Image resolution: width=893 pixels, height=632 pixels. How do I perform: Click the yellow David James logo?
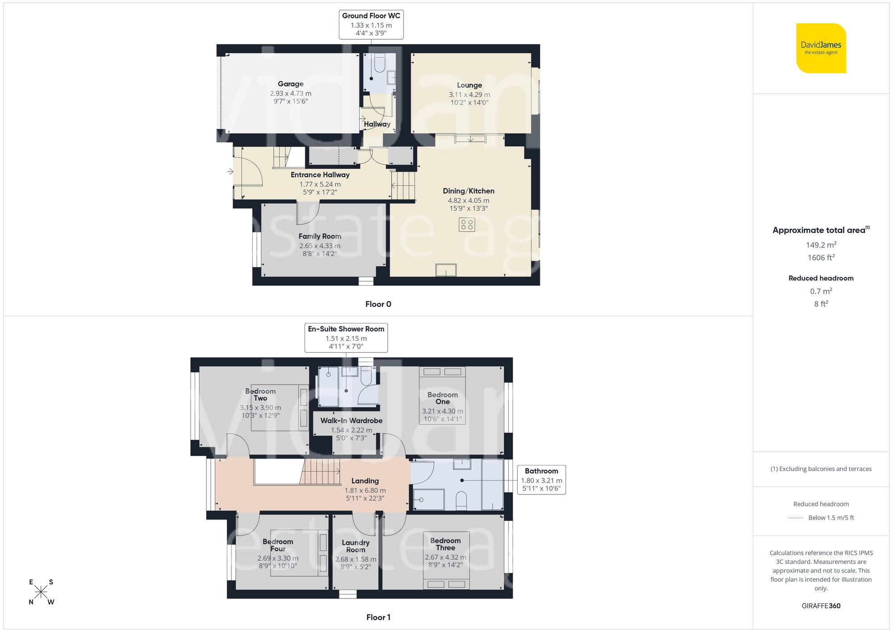tap(821, 48)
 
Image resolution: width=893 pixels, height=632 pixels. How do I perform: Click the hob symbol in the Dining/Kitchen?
tap(467, 224)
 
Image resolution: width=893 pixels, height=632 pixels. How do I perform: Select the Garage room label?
tap(290, 84)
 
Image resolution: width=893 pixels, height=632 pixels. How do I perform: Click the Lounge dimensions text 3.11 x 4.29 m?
tap(469, 95)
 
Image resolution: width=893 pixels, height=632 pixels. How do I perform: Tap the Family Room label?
tap(320, 236)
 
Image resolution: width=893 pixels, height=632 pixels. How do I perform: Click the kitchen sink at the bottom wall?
tap(446, 270)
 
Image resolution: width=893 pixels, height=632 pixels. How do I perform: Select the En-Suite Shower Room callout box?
tap(346, 338)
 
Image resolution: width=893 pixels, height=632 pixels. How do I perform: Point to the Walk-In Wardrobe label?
tap(351, 421)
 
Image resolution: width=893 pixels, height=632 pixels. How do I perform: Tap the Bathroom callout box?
tap(541, 479)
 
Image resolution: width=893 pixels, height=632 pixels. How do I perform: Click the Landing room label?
tap(365, 481)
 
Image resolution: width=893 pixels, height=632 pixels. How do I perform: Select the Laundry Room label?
tap(355, 546)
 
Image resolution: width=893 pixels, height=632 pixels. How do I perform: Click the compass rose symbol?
tap(41, 592)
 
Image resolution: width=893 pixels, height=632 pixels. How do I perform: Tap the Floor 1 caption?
tap(378, 617)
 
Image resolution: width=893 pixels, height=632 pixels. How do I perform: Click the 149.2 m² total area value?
tap(821, 245)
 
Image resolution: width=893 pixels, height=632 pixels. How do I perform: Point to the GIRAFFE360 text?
tap(821, 606)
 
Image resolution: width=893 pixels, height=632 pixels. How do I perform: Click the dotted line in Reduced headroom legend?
tap(796, 518)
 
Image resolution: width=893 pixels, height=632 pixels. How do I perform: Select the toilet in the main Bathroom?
tap(461, 500)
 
